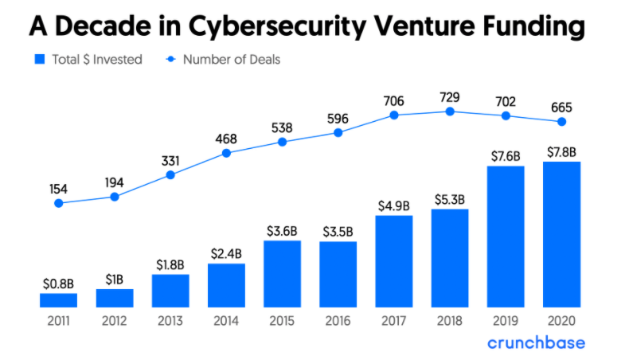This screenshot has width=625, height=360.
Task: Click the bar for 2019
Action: (x=506, y=237)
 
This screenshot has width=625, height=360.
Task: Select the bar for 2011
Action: (x=58, y=300)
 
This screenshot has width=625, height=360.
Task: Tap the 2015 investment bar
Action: (x=282, y=274)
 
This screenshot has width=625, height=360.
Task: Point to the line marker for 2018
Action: (x=450, y=112)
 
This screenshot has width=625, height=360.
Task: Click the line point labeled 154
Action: (x=58, y=203)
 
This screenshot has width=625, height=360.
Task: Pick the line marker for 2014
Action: (x=226, y=152)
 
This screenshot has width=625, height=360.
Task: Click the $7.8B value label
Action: (x=561, y=151)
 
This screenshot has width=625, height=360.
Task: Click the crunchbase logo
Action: (x=536, y=342)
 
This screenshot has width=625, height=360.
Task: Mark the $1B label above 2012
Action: (x=115, y=280)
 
